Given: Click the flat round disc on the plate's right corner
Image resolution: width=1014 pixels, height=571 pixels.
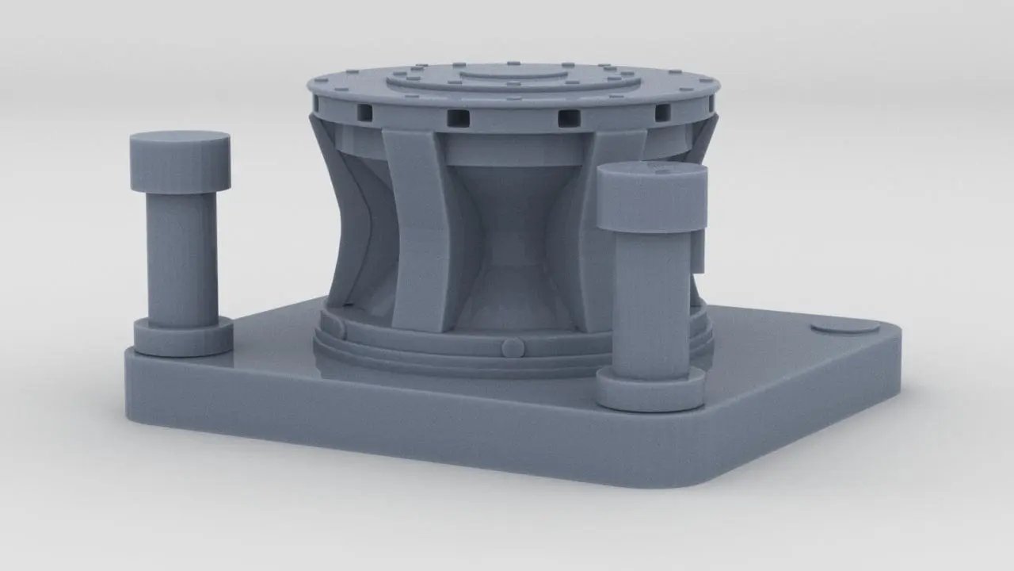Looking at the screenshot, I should click(x=845, y=327).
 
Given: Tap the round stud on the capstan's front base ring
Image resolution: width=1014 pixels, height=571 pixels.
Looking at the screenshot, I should click(x=513, y=347).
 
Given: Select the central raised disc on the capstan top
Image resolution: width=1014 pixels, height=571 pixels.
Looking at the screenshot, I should click(x=507, y=73).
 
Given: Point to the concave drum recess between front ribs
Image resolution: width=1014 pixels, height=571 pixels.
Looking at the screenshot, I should click(x=507, y=238).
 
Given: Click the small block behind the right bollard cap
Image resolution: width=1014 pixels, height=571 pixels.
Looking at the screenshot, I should click(x=698, y=250).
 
